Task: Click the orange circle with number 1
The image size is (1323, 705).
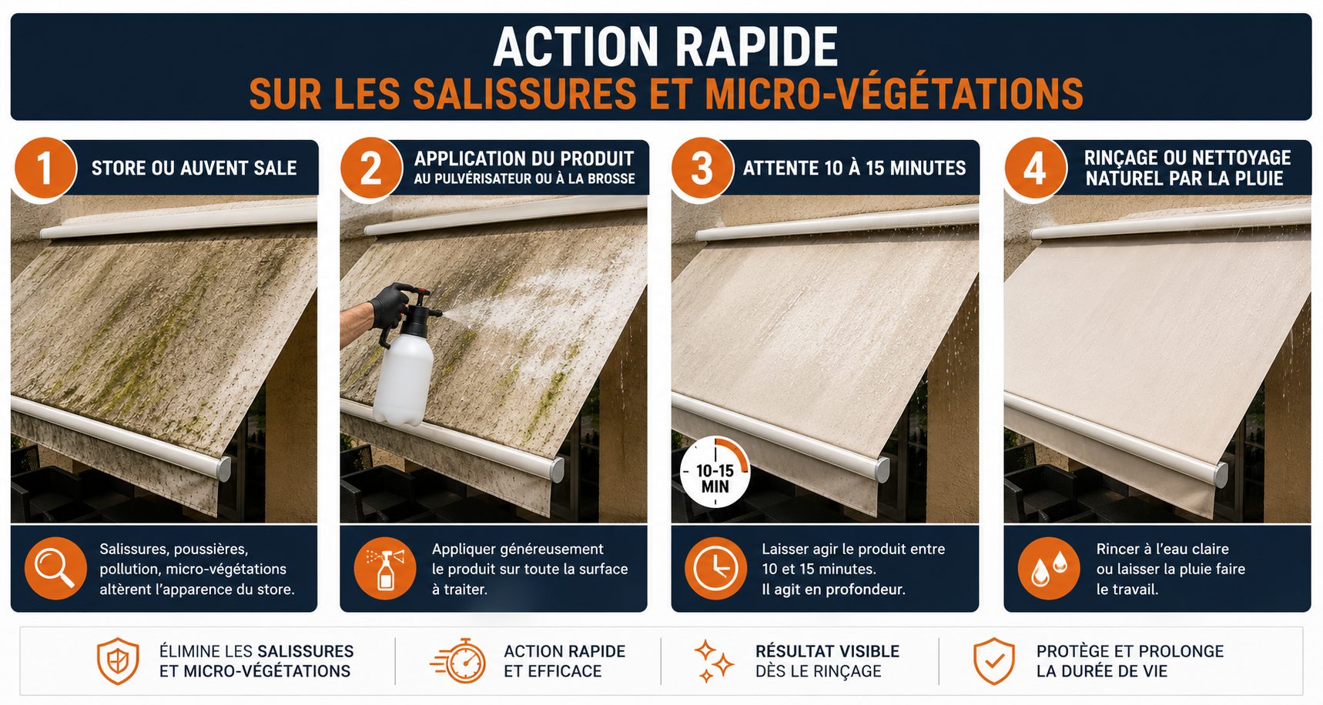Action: pyautogui.click(x=45, y=169)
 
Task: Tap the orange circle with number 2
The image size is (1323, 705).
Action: pyautogui.click(x=371, y=169)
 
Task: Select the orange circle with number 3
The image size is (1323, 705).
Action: pyautogui.click(x=702, y=169)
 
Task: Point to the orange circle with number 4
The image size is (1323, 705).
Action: pyautogui.click(x=1035, y=169)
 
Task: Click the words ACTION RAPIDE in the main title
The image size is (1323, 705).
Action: pyautogui.click(x=665, y=47)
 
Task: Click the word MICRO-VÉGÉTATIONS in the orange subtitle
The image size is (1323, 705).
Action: pyautogui.click(x=894, y=94)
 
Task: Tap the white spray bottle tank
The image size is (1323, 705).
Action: pyautogui.click(x=402, y=377)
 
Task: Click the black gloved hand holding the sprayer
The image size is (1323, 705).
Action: pyautogui.click(x=391, y=303)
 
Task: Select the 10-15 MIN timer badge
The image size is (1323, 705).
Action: pyautogui.click(x=715, y=473)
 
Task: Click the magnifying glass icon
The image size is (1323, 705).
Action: pyautogui.click(x=55, y=569)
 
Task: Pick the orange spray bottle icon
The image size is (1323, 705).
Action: pyautogui.click(x=385, y=569)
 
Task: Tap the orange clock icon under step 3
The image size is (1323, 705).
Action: pyautogui.click(x=715, y=569)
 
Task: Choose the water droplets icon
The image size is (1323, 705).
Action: pyautogui.click(x=1049, y=569)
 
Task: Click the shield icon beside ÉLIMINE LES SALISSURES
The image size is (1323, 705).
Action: pyautogui.click(x=118, y=661)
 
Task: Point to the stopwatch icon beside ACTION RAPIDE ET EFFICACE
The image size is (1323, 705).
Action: pyautogui.click(x=459, y=660)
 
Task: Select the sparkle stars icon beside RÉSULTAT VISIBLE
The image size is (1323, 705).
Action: pyautogui.click(x=714, y=661)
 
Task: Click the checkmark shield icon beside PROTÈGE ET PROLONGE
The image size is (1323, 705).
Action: pyautogui.click(x=994, y=661)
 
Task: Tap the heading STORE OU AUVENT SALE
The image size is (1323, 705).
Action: pyautogui.click(x=194, y=169)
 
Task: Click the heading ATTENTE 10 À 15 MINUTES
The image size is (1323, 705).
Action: pyautogui.click(x=854, y=169)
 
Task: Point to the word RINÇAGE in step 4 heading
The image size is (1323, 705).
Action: pyautogui.click(x=1121, y=158)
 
